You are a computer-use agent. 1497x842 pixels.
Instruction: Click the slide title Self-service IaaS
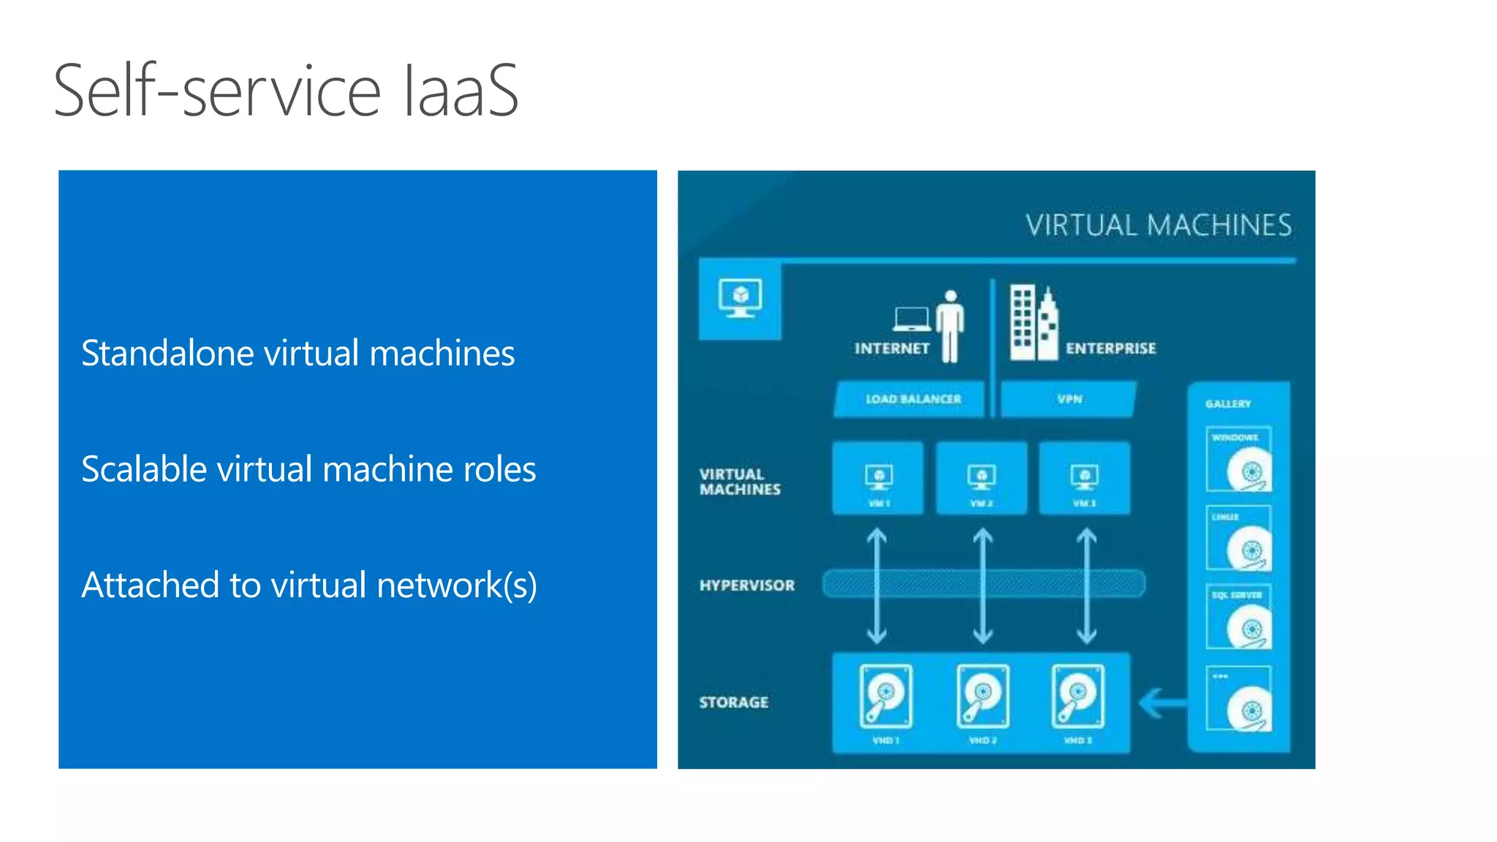tap(286, 91)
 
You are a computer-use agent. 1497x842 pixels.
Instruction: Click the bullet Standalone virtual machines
tap(297, 353)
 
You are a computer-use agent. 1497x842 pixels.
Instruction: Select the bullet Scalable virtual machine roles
tap(308, 469)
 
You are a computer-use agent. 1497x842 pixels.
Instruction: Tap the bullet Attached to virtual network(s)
tap(309, 585)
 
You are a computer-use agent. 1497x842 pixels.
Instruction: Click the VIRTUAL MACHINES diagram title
tap(1158, 225)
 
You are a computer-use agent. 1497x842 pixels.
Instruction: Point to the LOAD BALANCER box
tap(912, 399)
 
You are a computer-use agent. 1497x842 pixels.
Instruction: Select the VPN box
tap(1069, 399)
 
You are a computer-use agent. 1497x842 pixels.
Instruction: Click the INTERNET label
tap(892, 349)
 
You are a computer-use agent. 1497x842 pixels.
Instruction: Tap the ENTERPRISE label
tap(1110, 349)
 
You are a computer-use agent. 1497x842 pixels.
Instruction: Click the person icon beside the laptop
tap(950, 326)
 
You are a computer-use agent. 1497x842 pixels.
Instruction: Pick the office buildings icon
tap(1033, 323)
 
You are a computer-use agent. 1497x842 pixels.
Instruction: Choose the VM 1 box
tap(878, 478)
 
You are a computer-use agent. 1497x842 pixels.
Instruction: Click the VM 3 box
tap(1085, 478)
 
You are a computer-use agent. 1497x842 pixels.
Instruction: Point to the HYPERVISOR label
tap(746, 585)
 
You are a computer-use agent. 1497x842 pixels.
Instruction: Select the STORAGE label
tap(734, 702)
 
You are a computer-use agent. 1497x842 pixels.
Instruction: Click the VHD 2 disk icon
tap(983, 696)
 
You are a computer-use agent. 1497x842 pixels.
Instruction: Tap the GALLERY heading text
tap(1228, 403)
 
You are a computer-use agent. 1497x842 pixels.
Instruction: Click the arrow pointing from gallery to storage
tap(1163, 703)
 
